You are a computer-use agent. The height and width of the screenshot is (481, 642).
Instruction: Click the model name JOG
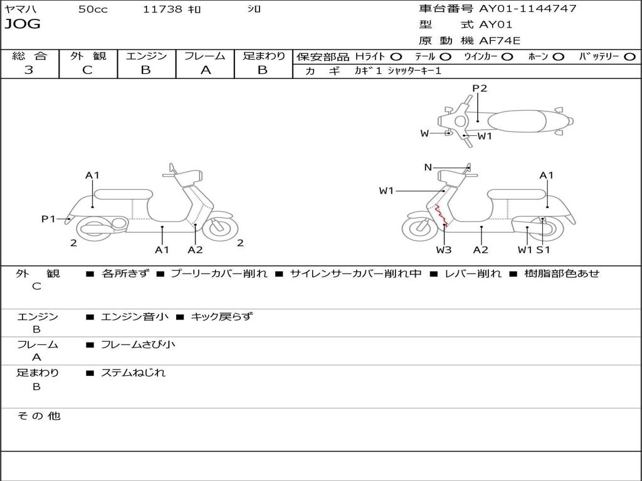23,24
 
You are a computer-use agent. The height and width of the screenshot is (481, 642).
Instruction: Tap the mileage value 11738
162,9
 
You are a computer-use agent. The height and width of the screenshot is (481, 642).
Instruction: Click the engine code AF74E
500,41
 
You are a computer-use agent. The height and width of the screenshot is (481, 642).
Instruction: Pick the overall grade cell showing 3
29,70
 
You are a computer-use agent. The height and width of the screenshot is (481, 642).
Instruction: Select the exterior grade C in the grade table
88,70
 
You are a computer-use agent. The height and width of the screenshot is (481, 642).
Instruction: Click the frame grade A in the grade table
205,70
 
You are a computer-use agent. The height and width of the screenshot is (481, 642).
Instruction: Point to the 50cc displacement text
93,9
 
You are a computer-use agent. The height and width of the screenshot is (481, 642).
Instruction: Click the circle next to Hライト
396,56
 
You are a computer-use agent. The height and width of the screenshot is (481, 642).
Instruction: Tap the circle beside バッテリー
629,56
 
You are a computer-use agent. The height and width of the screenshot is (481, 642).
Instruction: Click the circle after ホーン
558,56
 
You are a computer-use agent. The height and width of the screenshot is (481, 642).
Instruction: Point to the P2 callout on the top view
480,88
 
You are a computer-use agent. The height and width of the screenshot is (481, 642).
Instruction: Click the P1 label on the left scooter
49,219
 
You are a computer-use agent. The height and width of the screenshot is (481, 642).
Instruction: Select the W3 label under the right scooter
444,250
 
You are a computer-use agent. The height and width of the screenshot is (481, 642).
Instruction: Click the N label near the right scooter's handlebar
428,167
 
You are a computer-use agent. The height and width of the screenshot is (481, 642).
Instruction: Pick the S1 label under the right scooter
542,250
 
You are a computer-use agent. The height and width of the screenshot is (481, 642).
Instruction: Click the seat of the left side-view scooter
123,194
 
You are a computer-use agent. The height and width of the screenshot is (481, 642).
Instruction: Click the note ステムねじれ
133,373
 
